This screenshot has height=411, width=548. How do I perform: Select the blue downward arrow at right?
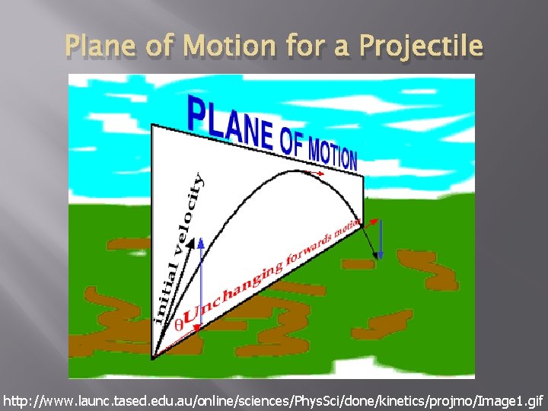[381, 239]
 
